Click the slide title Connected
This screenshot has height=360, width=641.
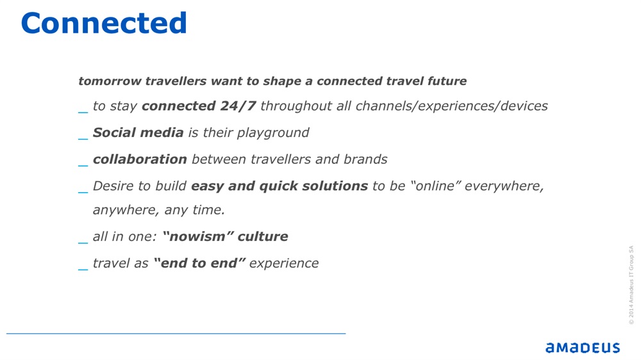tap(104, 23)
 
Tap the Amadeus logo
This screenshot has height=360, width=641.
tap(583, 348)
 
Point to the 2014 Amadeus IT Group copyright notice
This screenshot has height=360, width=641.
tap(631, 285)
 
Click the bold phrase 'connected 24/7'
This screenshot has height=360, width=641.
tap(199, 106)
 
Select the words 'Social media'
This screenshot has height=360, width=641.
tap(138, 133)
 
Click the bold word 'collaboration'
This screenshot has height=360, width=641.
tap(140, 159)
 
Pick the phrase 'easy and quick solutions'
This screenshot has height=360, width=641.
tap(279, 186)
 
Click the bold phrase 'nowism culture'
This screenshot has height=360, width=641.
tap(225, 236)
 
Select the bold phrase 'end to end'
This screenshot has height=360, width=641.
tap(199, 263)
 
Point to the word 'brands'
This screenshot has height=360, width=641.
tap(365, 159)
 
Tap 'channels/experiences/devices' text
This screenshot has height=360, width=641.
tap(452, 106)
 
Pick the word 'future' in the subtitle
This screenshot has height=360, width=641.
tap(447, 81)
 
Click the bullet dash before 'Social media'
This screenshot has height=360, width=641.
tap(83, 138)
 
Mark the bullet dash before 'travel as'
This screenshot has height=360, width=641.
tap(83, 269)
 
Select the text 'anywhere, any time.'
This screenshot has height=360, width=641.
tap(159, 210)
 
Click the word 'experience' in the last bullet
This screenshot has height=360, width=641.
tap(284, 263)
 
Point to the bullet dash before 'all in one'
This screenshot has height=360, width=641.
tap(83, 243)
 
